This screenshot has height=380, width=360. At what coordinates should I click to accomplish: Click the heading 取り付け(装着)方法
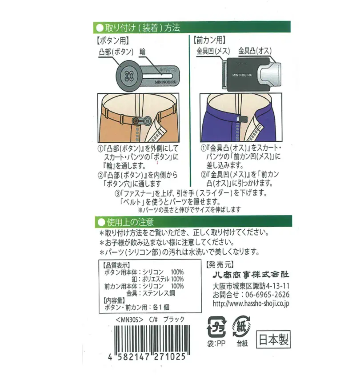(142, 28)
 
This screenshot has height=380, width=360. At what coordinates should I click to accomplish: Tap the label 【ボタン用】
(113, 40)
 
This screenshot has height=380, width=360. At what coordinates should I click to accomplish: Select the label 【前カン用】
(209, 40)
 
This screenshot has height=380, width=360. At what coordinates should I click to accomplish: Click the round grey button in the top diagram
(129, 76)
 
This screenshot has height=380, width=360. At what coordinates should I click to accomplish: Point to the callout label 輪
(143, 52)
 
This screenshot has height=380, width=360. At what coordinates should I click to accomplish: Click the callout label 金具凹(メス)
(213, 51)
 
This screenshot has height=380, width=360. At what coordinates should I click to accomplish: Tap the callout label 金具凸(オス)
(255, 51)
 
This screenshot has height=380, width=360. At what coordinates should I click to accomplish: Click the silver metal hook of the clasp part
(269, 74)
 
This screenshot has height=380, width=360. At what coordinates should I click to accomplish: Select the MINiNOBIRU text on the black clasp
(242, 75)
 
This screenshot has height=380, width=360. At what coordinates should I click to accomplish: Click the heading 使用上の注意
(130, 222)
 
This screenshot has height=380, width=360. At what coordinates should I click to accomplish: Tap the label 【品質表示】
(116, 265)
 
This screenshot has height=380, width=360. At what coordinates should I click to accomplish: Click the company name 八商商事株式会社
(251, 275)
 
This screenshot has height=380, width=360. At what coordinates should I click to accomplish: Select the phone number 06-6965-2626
(268, 295)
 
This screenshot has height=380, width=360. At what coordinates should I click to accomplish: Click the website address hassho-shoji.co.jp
(251, 304)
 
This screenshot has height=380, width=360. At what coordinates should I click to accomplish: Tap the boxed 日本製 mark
(273, 339)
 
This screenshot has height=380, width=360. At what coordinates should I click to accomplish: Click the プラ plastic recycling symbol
(216, 327)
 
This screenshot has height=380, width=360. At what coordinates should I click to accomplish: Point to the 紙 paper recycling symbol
(241, 326)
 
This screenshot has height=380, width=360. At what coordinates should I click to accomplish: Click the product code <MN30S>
(129, 320)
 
